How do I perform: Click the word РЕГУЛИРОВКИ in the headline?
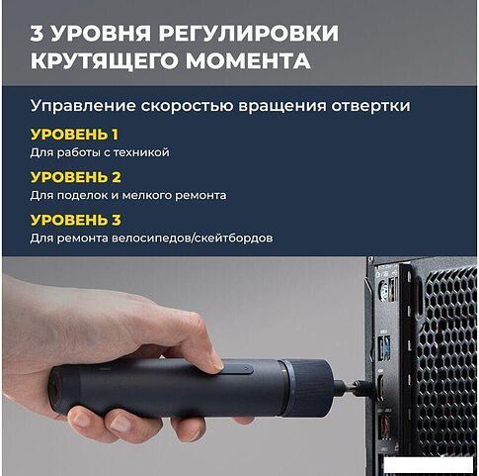(x=249, y=33)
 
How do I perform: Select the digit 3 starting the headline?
(x=37, y=33)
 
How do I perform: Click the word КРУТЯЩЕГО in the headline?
(x=106, y=60)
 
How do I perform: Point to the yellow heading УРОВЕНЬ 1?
(x=74, y=135)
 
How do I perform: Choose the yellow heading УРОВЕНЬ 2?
(x=76, y=177)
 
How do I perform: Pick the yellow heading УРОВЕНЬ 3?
(x=76, y=220)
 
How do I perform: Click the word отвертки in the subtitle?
(x=370, y=106)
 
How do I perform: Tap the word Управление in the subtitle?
(x=83, y=106)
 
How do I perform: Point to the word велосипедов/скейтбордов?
(x=192, y=238)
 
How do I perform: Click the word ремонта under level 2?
(x=200, y=196)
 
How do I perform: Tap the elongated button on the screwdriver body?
(x=234, y=369)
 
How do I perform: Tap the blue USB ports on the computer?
(x=386, y=347)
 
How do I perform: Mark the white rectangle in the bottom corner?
(x=429, y=464)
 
